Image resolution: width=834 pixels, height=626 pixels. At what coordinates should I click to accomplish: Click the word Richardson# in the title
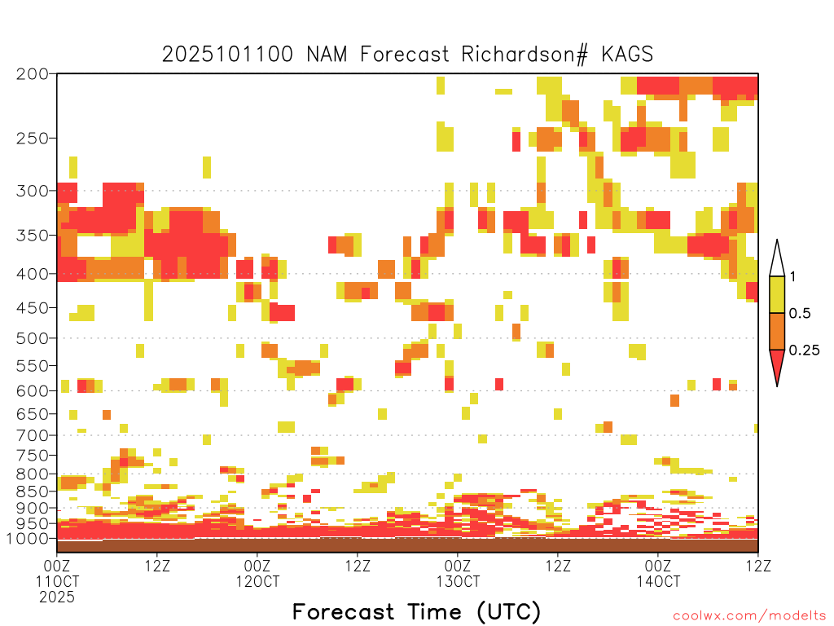[525, 55]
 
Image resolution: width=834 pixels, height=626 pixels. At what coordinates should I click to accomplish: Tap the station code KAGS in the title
[627, 55]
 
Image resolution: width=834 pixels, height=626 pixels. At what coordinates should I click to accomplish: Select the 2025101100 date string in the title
[227, 55]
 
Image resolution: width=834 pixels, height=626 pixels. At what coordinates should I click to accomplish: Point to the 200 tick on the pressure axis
[32, 74]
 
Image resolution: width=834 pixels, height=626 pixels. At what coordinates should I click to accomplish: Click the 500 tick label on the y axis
[32, 338]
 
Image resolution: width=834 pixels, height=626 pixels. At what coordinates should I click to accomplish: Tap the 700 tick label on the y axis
[32, 435]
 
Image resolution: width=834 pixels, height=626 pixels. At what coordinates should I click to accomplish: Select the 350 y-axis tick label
[32, 235]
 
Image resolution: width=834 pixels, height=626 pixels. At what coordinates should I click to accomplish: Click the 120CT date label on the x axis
[257, 581]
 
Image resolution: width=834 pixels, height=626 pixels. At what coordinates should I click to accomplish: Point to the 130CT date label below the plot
[458, 581]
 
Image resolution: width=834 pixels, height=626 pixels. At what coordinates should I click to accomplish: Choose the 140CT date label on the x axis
[658, 581]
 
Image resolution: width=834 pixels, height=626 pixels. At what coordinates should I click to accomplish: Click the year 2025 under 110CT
[57, 597]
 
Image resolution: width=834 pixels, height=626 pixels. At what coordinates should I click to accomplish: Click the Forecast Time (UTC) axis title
[416, 611]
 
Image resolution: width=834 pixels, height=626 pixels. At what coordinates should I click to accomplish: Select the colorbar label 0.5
[800, 313]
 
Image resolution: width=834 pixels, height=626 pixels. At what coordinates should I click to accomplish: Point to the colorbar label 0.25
[804, 350]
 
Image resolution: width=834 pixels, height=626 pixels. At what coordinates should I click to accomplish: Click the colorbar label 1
[792, 276]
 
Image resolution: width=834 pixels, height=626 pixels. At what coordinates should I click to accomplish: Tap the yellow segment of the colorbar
[777, 294]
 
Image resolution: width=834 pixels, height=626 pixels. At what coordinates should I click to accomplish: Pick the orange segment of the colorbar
[777, 331]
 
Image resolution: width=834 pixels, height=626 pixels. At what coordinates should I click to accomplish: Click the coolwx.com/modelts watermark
[749, 616]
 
